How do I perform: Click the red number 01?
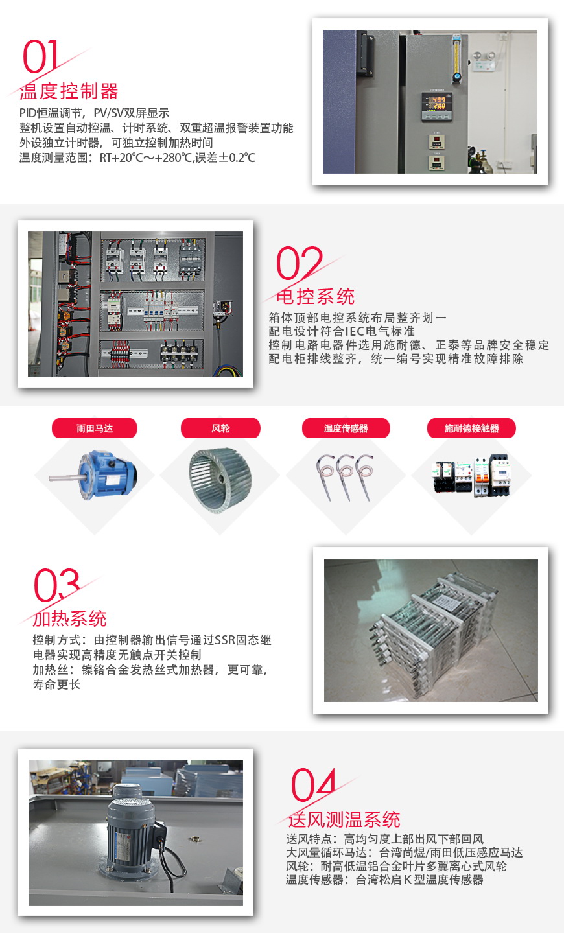pos(41,57)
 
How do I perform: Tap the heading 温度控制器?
pos(69,91)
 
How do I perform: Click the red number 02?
pos(299,263)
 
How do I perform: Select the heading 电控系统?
pos(315,297)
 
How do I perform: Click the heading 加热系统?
pos(69,618)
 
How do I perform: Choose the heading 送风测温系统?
pos(344,819)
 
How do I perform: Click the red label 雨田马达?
pos(95,428)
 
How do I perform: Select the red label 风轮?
pos(220,428)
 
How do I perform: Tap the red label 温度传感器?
pos(346,428)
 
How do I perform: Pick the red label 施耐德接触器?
pos(471,428)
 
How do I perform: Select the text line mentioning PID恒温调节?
pos(95,113)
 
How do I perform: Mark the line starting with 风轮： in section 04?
pos(396,866)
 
